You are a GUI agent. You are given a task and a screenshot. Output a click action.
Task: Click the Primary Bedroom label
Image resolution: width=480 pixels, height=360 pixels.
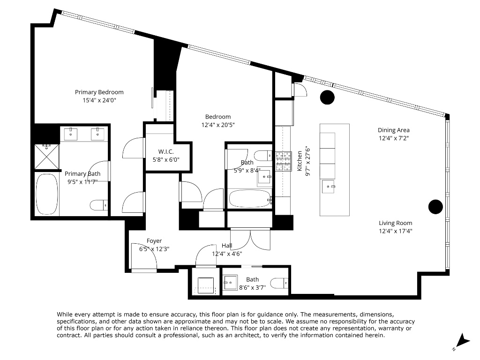click(x=99, y=92)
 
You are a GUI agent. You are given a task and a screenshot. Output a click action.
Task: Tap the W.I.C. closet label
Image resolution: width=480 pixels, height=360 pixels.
click(x=166, y=151)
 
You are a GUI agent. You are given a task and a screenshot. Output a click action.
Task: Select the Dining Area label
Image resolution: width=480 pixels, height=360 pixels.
click(x=393, y=130)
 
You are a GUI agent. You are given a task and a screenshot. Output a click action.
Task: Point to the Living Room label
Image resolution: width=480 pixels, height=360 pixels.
click(x=395, y=223)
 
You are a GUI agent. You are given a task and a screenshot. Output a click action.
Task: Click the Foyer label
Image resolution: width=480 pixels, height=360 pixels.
click(x=154, y=241)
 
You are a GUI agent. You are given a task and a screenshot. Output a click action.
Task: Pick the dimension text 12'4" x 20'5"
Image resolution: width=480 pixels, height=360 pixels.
click(x=218, y=125)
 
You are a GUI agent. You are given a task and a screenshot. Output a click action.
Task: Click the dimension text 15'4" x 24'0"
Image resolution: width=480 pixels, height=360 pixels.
click(x=99, y=100)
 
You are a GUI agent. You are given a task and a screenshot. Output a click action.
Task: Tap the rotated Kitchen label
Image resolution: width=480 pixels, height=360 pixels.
click(x=300, y=161)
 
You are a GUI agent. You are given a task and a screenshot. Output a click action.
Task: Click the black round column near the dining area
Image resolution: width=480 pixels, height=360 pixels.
click(x=327, y=97)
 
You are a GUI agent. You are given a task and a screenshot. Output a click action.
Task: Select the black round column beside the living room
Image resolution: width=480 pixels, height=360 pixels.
click(x=435, y=207)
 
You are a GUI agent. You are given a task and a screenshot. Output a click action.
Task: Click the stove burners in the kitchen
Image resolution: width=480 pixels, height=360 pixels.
click(x=283, y=161)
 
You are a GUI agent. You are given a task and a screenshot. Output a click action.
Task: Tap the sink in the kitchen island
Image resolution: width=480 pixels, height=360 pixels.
click(x=329, y=187)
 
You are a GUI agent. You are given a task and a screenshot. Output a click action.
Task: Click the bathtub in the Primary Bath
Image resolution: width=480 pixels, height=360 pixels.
click(x=47, y=194)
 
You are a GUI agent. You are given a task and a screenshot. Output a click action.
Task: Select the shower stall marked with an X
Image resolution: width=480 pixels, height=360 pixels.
click(x=46, y=157)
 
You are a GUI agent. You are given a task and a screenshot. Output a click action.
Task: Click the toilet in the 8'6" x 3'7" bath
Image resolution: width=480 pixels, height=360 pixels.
click(x=279, y=283)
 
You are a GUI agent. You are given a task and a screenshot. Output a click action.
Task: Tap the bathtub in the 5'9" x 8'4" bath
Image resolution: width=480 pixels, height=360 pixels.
click(x=250, y=199)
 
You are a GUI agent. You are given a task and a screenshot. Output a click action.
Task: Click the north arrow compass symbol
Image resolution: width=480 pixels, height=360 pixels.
click(x=463, y=341)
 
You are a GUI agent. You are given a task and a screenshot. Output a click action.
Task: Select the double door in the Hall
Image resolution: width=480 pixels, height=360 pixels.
click(x=250, y=239)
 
